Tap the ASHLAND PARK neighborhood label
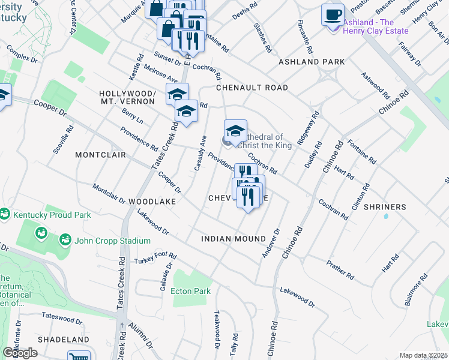coord(312,62)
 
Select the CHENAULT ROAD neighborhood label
coord(252,88)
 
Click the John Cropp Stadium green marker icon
coord(64,241)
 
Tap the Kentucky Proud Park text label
coord(52,215)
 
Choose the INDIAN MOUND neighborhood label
coord(234,239)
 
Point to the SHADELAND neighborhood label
coord(64,339)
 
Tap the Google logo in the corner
coord(20,353)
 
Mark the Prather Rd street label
coord(340,269)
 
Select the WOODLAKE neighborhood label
coord(152,202)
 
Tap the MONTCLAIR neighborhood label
coord(100,155)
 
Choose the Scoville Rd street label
coord(63,139)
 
